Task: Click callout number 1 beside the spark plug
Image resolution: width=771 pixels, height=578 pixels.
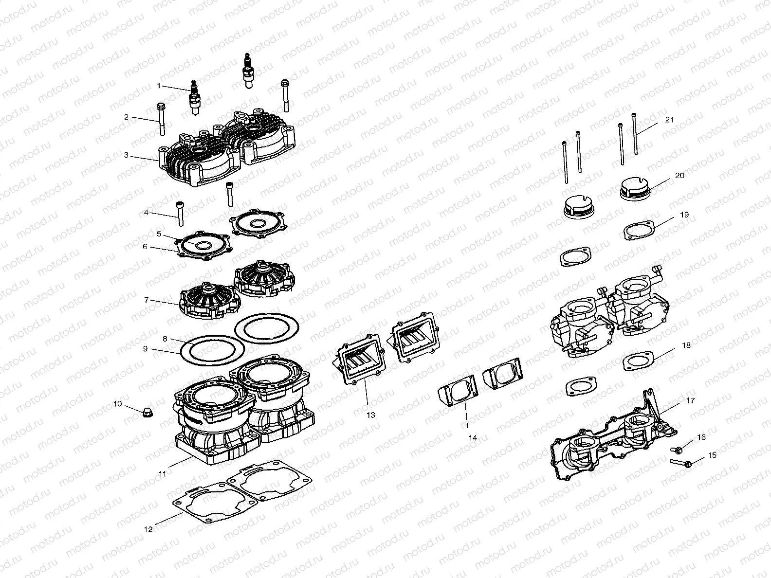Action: click(159, 86)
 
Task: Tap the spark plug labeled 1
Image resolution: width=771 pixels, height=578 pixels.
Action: click(195, 98)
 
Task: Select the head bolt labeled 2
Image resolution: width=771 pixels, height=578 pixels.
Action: click(161, 119)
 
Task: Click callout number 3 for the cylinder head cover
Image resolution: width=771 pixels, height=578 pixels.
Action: click(126, 155)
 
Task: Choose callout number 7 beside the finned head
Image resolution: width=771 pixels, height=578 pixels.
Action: click(146, 300)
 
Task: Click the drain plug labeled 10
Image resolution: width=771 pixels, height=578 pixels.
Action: click(145, 413)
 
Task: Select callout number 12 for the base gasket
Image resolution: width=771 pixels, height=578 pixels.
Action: click(148, 529)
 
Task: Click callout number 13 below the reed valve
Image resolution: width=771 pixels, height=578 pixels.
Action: click(371, 415)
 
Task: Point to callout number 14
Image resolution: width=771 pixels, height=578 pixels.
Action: click(472, 438)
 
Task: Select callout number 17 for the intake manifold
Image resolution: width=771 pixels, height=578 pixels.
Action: click(691, 401)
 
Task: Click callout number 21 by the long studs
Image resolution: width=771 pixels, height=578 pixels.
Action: click(669, 120)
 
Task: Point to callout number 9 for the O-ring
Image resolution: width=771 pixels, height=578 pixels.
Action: click(145, 349)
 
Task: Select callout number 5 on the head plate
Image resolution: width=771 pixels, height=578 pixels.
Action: click(159, 234)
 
